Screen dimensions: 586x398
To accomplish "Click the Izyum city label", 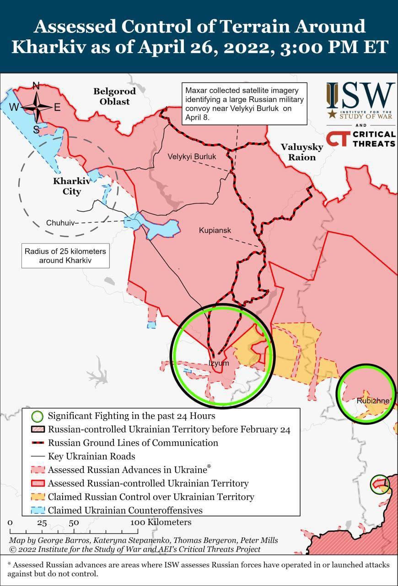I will [218, 363].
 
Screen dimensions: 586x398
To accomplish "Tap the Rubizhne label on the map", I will [373, 401].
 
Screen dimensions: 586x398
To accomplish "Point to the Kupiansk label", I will [215, 231].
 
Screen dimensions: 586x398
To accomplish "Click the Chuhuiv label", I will [59, 223].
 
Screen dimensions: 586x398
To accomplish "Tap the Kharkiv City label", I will [72, 186].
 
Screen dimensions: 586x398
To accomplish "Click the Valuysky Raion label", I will [301, 152].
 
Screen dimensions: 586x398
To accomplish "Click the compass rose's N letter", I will [36, 86].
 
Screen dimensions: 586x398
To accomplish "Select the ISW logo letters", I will [360, 95].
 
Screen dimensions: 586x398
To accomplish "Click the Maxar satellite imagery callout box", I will [243, 103].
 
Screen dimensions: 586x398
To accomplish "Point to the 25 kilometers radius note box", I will [65, 256].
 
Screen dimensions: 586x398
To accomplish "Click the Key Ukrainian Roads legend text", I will [91, 456].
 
